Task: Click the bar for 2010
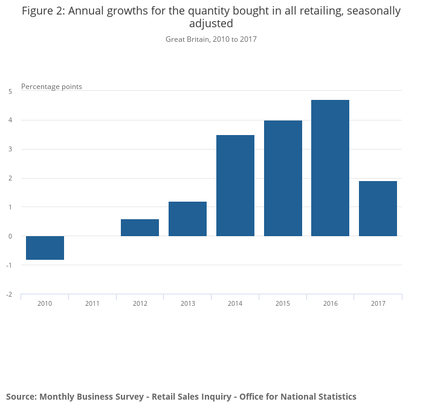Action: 45,248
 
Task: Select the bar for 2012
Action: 140,228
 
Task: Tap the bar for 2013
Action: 187,219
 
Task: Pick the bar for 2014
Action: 235,185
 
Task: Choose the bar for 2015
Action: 283,178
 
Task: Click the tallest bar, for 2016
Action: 330,168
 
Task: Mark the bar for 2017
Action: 378,208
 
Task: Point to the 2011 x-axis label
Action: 92,303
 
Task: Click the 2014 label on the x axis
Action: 235,303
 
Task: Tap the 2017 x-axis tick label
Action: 378,303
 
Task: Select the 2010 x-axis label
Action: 45,303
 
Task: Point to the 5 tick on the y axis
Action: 10,91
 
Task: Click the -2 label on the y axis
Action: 9,294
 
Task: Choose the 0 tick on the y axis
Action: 10,236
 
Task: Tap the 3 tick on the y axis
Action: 10,149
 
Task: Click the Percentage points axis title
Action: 51,87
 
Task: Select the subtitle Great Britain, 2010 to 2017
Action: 211,39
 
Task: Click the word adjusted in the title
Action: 211,24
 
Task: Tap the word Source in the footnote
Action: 21,397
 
